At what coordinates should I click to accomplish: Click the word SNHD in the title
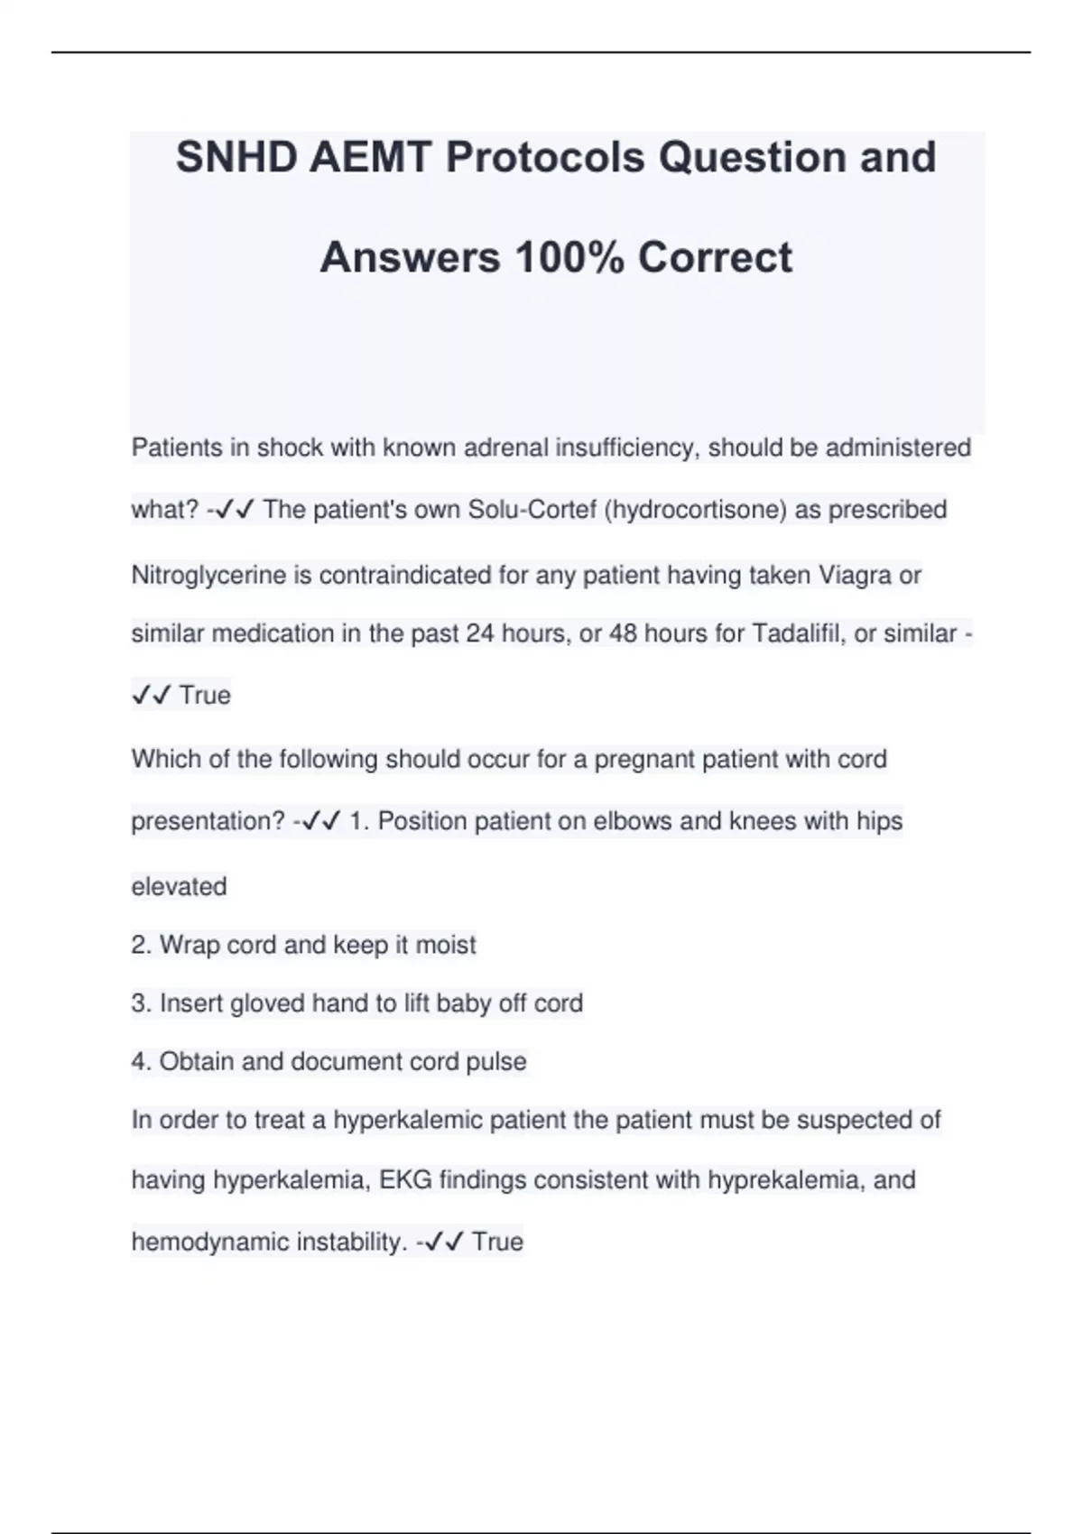coord(236,158)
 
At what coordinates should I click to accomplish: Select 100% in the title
coord(569,258)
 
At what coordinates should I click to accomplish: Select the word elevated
coord(179,886)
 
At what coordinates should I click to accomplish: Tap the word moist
coord(446,945)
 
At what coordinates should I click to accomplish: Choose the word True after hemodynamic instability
coord(497,1243)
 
